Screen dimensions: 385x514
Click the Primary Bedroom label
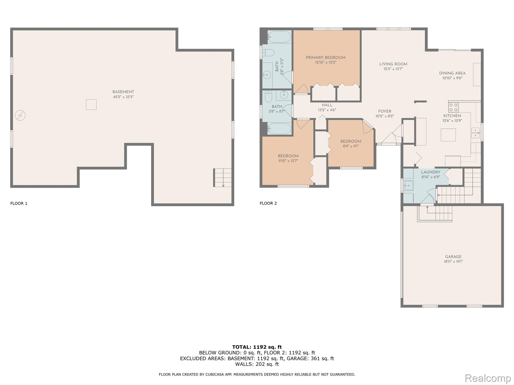(326, 58)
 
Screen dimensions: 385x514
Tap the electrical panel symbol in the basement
(20, 116)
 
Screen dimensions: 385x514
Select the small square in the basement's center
(91, 105)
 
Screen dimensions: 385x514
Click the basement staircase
(223, 177)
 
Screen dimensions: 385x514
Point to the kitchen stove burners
(453, 107)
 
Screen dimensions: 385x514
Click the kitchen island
(448, 135)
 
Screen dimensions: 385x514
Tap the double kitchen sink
(475, 133)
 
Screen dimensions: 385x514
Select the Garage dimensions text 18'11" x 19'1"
(453, 261)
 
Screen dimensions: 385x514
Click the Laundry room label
(430, 172)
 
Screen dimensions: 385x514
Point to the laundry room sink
(408, 186)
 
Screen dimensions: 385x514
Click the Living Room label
(393, 64)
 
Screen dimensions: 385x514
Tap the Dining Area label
(452, 73)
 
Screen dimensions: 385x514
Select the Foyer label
(384, 111)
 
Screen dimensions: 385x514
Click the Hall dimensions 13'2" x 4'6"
(327, 110)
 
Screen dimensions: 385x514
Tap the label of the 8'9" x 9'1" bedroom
(351, 141)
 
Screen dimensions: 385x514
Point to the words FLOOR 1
(19, 203)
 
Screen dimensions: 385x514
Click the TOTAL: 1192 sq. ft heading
(257, 347)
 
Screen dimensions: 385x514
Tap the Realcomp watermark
(488, 378)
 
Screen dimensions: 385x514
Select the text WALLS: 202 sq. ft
(257, 364)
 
